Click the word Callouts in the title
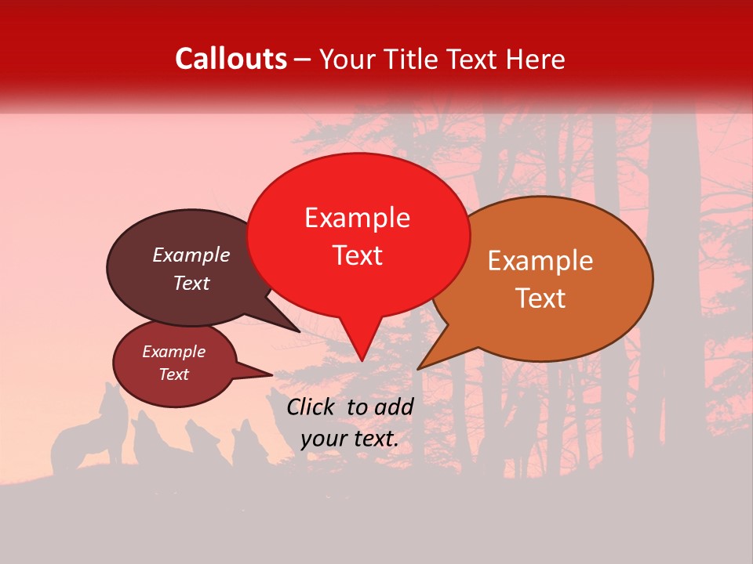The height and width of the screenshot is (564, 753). (x=231, y=59)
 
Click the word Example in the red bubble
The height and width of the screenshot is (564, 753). (x=357, y=218)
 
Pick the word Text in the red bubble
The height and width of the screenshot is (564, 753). (x=358, y=255)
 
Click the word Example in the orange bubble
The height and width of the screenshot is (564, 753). (x=540, y=261)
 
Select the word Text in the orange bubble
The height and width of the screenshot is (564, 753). (x=540, y=298)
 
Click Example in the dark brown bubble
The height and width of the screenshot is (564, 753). (x=191, y=255)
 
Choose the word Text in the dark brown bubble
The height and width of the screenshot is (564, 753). (x=191, y=284)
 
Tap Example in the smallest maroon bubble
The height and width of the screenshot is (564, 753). (x=174, y=352)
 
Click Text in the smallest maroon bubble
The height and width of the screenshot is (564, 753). (x=174, y=374)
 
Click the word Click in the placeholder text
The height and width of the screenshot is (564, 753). (x=312, y=407)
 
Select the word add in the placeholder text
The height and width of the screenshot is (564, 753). (x=395, y=407)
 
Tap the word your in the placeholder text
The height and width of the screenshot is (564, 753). (x=323, y=439)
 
